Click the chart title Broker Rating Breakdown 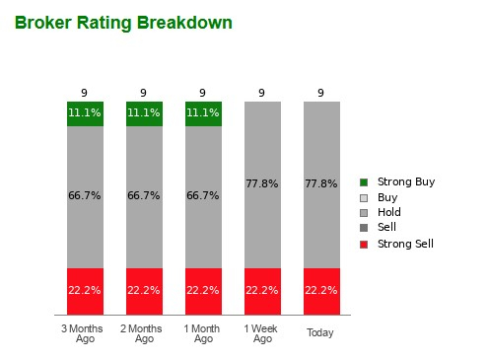123,23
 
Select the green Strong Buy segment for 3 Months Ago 85,113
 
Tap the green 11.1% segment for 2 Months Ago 144,113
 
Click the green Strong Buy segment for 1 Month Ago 203,113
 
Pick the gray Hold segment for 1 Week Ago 262,183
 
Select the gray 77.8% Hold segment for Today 321,183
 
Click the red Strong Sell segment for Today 321,290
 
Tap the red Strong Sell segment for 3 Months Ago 85,290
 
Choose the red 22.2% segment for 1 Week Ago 262,290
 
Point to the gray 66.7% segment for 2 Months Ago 144,196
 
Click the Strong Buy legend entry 404,182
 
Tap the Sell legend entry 386,227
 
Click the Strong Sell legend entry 404,243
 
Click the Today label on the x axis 320,333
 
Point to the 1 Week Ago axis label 262,333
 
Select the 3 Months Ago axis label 85,333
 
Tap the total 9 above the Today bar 321,94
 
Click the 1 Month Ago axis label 203,333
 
